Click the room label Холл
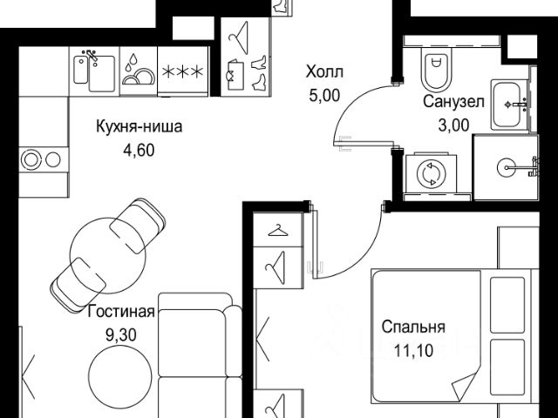click(x=324, y=72)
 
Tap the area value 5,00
click(x=324, y=96)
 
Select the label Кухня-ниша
click(x=139, y=126)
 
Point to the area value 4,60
click(x=139, y=150)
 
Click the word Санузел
click(x=453, y=102)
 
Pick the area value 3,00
click(x=453, y=125)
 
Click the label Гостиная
click(x=121, y=312)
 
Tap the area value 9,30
click(x=121, y=334)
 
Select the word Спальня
click(x=413, y=327)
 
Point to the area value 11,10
click(x=413, y=350)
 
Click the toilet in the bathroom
click(x=436, y=69)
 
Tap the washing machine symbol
click(x=432, y=174)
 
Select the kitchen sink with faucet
click(x=94, y=72)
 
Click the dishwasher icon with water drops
click(x=139, y=71)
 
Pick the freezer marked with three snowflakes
click(x=182, y=72)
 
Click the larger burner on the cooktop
click(x=31, y=159)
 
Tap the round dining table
click(x=108, y=255)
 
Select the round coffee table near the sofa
click(x=120, y=375)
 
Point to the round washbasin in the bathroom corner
click(x=507, y=167)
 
